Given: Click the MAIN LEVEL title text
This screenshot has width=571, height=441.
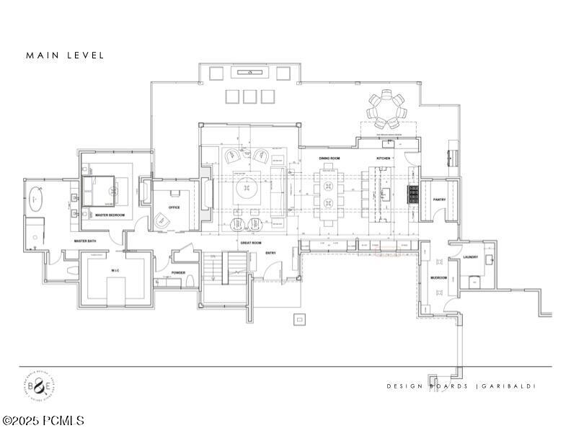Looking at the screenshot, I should [x=65, y=55].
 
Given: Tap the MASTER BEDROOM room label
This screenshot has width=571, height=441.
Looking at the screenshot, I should [x=110, y=215].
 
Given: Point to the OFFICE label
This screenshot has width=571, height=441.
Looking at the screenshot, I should [x=174, y=208].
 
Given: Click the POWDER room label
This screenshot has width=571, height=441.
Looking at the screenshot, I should [x=178, y=273].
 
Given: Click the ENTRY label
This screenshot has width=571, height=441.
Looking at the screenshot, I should [x=270, y=253].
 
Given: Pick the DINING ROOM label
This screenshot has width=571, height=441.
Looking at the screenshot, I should [x=329, y=158].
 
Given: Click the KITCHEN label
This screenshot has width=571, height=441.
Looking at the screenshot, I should [x=383, y=158].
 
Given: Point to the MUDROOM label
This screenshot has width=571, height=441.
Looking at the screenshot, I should [x=438, y=277].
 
